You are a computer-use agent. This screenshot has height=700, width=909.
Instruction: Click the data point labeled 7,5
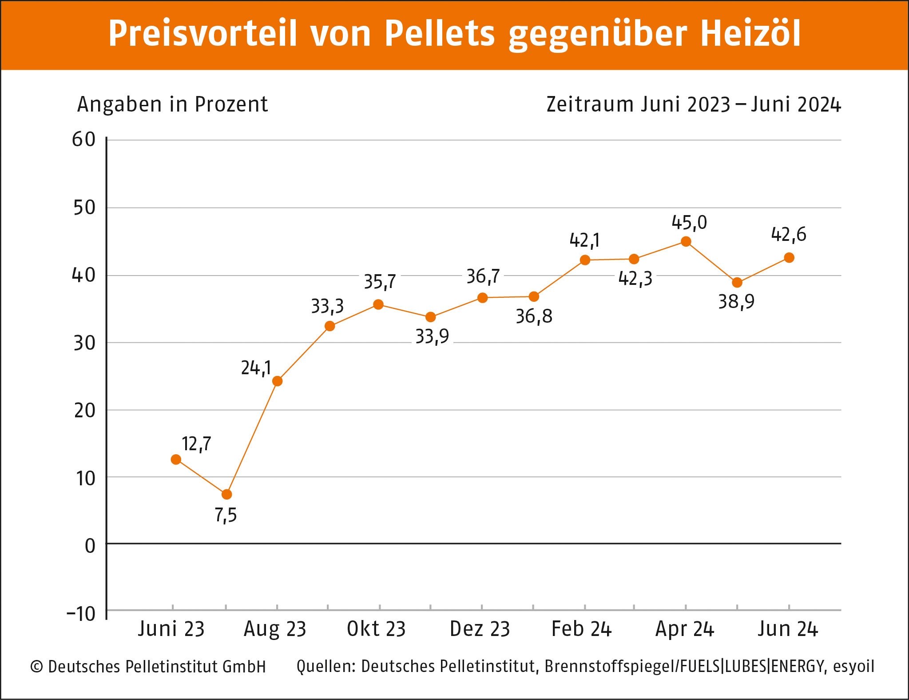[x=226, y=494]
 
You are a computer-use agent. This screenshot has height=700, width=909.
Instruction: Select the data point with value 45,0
[x=686, y=242]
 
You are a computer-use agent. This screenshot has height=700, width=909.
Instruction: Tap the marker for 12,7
[x=176, y=460]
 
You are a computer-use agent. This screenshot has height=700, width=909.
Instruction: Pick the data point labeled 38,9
[x=737, y=283]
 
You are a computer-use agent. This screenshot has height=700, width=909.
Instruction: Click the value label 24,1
[x=256, y=368]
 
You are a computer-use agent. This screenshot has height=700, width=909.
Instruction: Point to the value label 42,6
[x=788, y=235]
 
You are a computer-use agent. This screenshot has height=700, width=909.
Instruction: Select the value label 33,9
[x=432, y=337]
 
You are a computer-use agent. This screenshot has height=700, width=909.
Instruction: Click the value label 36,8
[x=534, y=316]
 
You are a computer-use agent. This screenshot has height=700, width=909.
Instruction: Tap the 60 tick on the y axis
[x=84, y=140]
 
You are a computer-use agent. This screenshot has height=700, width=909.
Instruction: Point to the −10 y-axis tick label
[x=81, y=614]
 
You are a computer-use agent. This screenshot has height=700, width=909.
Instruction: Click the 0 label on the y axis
[x=90, y=546]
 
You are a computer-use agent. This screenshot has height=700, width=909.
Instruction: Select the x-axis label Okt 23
[x=376, y=629]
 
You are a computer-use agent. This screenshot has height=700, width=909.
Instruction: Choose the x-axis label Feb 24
[x=581, y=629]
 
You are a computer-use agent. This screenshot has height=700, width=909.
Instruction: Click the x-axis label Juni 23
[x=171, y=629]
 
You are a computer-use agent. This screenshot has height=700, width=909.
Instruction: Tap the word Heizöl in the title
[x=750, y=33]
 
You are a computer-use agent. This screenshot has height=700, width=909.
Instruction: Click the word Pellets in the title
[x=439, y=33]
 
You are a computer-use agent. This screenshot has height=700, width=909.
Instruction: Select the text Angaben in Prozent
[x=172, y=104]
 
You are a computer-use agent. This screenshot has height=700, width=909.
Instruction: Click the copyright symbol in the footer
[x=36, y=667]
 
